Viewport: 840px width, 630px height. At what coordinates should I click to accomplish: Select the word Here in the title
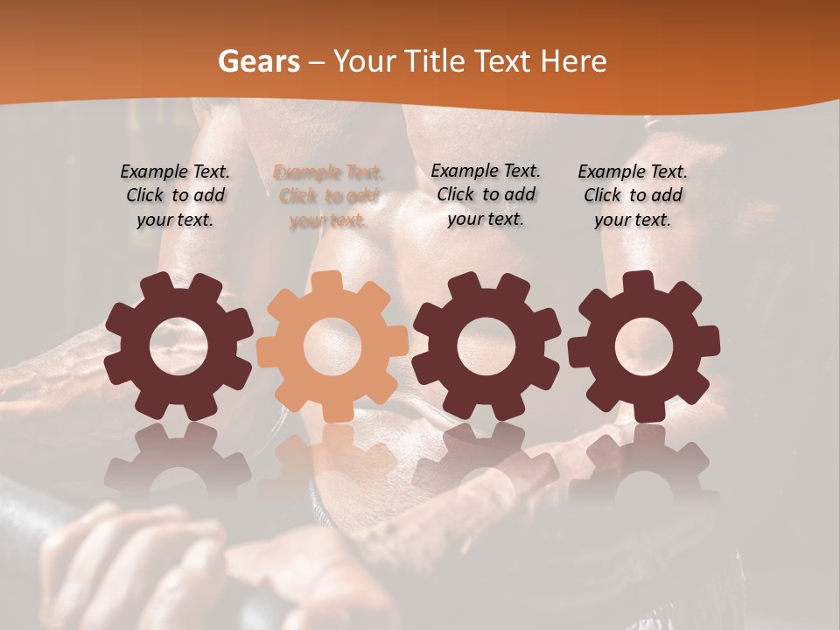point(574,61)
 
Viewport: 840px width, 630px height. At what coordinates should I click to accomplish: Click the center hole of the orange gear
point(332,346)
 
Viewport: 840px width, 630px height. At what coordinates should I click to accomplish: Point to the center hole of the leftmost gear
point(178,346)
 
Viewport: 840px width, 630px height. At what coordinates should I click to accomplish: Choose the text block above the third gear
point(486,195)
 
